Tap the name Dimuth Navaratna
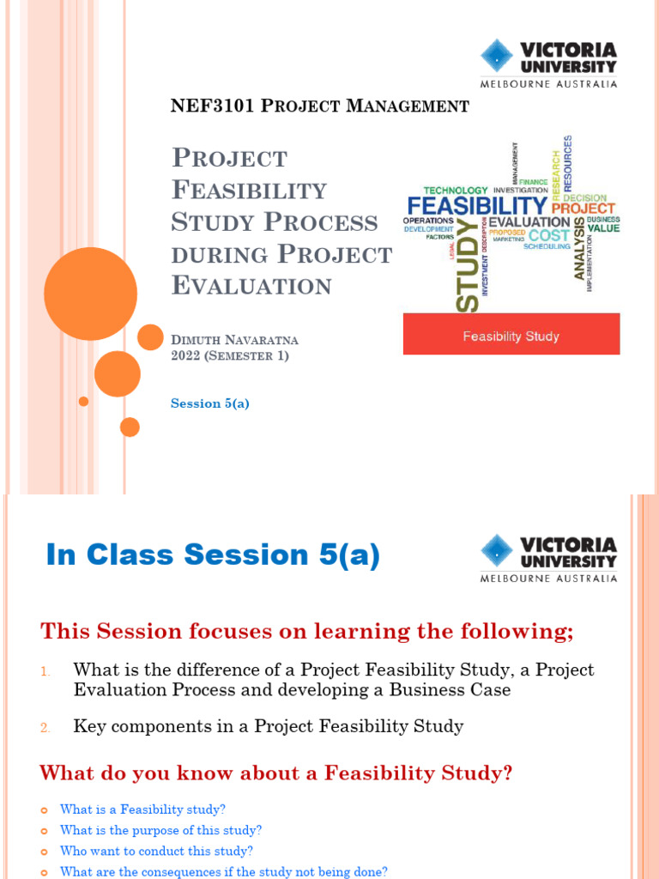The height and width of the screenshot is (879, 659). coord(235,340)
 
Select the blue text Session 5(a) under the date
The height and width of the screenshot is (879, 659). coord(210,403)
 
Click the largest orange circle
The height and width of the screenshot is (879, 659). coord(90,294)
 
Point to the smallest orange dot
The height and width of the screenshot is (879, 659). coord(83,401)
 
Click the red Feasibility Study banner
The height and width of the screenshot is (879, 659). coord(511,335)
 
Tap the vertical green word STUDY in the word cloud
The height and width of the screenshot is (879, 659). coord(467,266)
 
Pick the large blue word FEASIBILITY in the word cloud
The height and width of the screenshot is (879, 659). coord(477,207)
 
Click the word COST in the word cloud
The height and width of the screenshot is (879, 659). coord(549,235)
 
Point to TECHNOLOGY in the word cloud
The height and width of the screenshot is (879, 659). coord(456,190)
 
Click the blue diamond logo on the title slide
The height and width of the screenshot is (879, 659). coord(496,56)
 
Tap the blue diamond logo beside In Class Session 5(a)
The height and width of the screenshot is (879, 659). coord(496,551)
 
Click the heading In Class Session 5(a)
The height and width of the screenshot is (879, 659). coord(213,555)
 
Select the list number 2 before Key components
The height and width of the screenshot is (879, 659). coord(45,728)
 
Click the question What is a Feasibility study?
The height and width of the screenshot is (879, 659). coord(142,809)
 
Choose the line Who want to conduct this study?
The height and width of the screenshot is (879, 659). coord(156,852)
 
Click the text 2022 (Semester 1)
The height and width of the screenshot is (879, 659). coord(230,356)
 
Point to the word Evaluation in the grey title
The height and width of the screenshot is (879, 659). coord(251,286)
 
